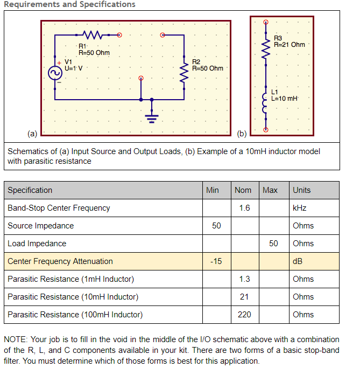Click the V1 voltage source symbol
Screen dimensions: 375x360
55,74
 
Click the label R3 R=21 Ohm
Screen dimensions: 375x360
289,41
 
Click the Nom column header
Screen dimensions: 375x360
243,190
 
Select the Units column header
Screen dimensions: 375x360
302,190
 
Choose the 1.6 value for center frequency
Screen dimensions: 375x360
244,208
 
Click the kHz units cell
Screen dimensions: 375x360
300,208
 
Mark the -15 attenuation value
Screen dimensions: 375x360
216,261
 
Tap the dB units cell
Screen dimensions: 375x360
298,261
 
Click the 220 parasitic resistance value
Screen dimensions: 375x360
244,315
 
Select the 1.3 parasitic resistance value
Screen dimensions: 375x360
244,279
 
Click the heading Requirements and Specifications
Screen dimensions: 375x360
68,4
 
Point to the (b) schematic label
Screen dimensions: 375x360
242,133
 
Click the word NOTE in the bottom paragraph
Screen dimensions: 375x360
16,339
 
